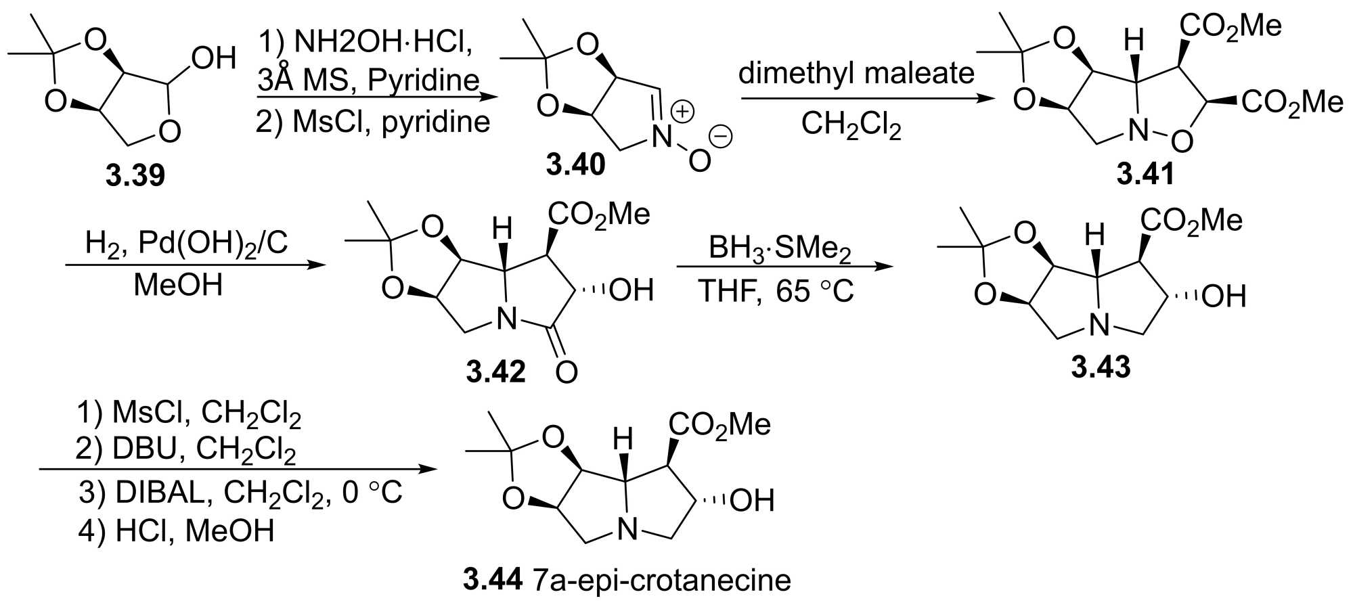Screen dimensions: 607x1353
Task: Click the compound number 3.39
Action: pos(135,176)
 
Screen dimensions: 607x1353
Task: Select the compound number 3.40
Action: pos(576,164)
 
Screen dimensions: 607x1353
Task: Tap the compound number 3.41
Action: pos(1145,174)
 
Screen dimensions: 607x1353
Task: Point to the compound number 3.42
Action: pos(495,372)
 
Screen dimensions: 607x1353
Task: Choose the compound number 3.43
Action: pos(1101,366)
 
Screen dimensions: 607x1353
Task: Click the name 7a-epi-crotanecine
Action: pos(661,581)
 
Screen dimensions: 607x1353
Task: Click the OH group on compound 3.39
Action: pos(213,59)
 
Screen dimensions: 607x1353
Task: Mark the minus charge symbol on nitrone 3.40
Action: pos(722,137)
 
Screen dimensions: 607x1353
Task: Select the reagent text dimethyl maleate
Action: pos(856,73)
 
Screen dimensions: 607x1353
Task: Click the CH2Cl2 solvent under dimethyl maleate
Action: pos(851,125)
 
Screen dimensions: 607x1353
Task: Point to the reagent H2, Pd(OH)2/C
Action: pos(186,244)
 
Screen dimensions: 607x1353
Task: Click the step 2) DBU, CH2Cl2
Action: pos(185,449)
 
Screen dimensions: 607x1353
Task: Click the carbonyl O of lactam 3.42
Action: pos(566,372)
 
